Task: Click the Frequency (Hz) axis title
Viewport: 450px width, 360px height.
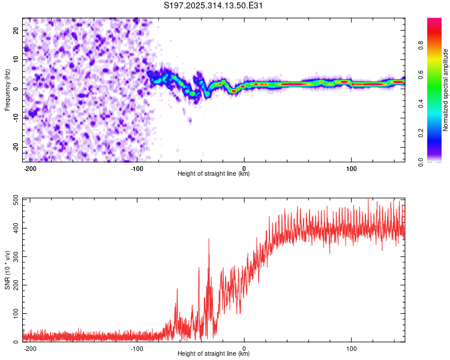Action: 7,89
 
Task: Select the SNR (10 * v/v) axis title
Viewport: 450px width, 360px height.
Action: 7,269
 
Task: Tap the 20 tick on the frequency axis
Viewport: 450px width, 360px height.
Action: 16,30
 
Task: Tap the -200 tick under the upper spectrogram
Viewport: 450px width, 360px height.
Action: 30,168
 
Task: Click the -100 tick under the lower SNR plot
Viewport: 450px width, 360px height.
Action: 137,348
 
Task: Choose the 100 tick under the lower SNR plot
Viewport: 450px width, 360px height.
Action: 351,348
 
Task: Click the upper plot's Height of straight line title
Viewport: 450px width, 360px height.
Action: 214,174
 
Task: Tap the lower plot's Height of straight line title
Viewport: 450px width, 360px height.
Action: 214,354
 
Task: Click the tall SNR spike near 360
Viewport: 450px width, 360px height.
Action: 209,239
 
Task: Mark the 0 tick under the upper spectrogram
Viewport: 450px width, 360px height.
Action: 244,168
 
